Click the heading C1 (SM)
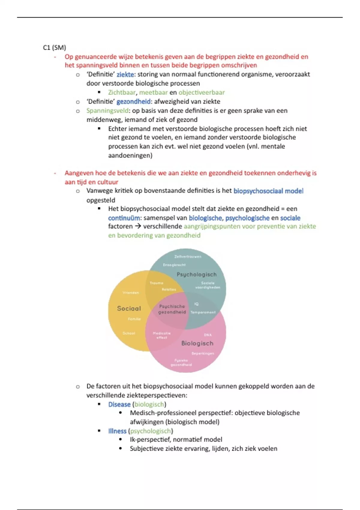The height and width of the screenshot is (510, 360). [x=54, y=47]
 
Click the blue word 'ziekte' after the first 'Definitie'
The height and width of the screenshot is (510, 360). [x=125, y=74]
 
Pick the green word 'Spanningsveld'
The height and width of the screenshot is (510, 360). [x=107, y=111]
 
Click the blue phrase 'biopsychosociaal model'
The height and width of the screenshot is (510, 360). [x=268, y=191]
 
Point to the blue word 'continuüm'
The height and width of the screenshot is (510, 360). [x=124, y=218]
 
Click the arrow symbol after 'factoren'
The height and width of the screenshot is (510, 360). [x=138, y=226]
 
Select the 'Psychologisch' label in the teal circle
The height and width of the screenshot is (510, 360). [x=196, y=274]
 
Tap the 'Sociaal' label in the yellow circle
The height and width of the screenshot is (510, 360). [x=129, y=308]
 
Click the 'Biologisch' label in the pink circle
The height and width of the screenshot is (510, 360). [x=197, y=343]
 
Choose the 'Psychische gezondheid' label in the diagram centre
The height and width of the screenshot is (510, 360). [x=172, y=309]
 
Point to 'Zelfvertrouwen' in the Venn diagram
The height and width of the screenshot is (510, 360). [x=188, y=256]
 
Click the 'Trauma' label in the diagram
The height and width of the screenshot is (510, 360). [x=156, y=283]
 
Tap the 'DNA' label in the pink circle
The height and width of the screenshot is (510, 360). [x=208, y=335]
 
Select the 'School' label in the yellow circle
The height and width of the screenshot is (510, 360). [x=129, y=333]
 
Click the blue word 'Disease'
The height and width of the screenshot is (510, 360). [x=119, y=404]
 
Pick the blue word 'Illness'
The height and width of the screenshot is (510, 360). [x=117, y=431]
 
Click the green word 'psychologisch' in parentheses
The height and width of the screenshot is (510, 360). [x=150, y=431]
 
